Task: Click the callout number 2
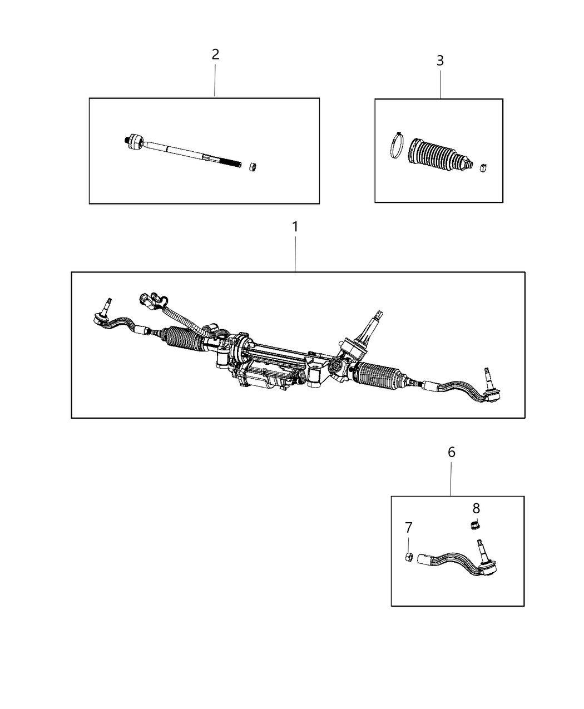coord(215,54)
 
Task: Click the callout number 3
coord(440,61)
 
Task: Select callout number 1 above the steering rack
coord(295,227)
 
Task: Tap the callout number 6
coord(451,452)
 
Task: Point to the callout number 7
coord(409,527)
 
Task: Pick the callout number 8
coord(476,508)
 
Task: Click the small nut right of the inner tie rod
coord(251,166)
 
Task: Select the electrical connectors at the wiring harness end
coord(151,301)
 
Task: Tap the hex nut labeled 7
coord(408,557)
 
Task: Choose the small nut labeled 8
coord(475,524)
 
